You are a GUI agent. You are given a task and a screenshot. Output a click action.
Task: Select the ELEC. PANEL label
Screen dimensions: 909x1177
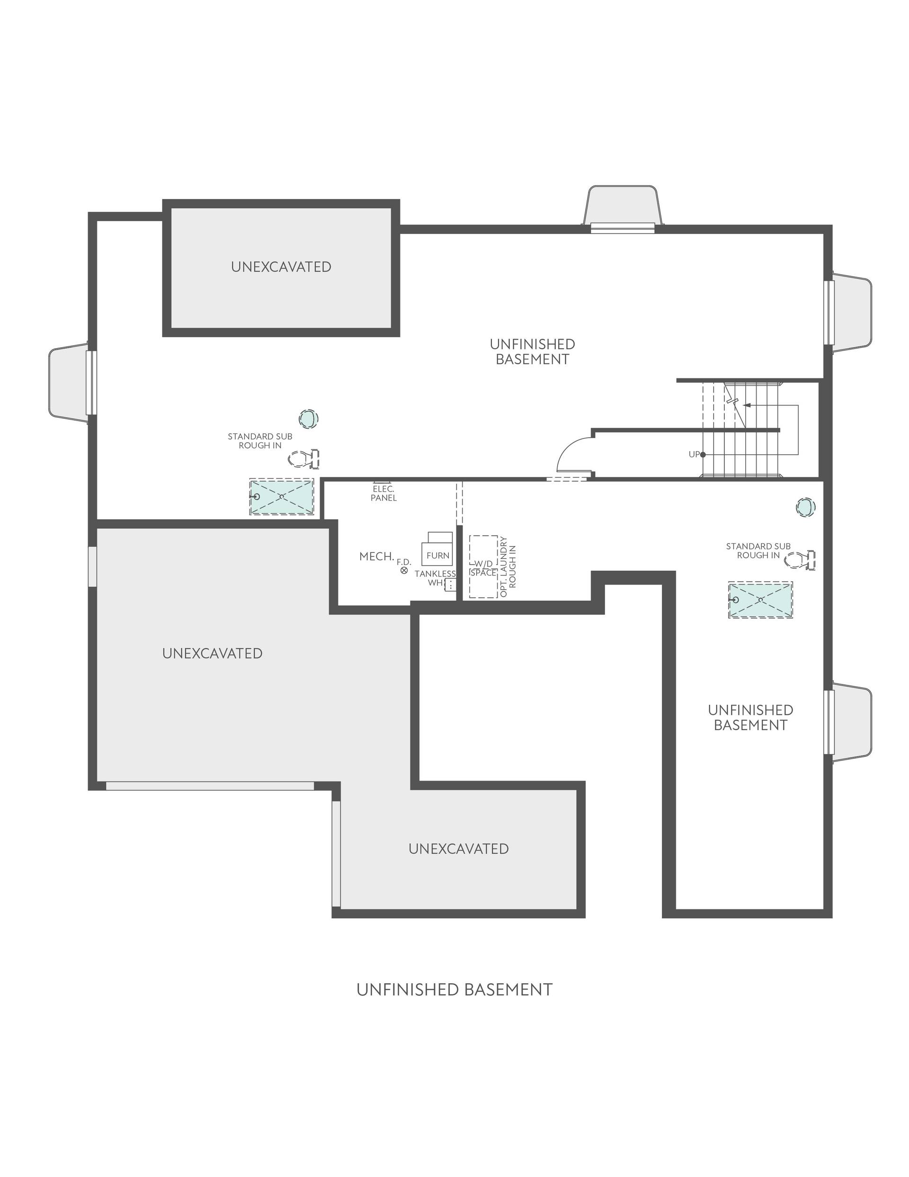(383, 493)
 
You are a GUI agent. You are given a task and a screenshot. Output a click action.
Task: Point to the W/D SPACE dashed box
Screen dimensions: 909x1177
(483, 566)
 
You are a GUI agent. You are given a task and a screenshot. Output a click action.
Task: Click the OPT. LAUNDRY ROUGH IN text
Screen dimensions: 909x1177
(508, 566)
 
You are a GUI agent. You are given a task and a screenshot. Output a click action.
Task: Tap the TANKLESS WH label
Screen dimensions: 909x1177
(435, 578)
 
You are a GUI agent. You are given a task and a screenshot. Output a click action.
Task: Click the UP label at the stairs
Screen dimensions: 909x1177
(694, 454)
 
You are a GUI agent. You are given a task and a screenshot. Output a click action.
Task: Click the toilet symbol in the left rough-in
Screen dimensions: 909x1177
(303, 459)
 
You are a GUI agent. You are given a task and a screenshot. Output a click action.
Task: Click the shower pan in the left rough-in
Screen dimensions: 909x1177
(281, 496)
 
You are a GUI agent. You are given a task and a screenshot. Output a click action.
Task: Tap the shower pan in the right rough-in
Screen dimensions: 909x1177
(760, 600)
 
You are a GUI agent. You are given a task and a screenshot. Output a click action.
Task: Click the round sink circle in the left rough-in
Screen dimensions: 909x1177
(309, 418)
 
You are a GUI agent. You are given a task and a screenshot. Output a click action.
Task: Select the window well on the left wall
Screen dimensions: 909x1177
(69, 382)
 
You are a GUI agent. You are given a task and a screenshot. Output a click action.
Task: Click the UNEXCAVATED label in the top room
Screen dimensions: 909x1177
(281, 267)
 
